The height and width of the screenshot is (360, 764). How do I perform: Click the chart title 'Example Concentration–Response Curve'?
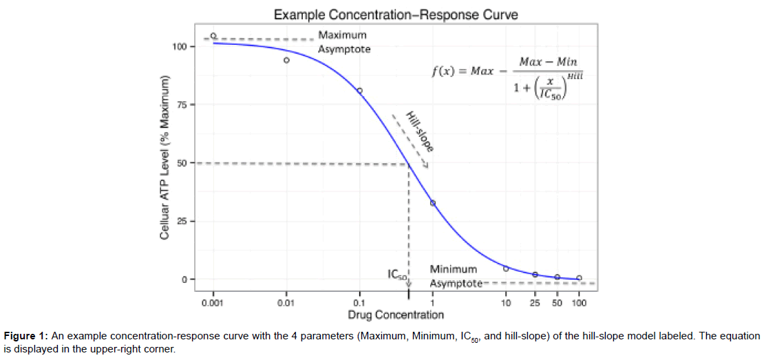tap(396, 14)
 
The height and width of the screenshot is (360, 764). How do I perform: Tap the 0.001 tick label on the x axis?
tap(213, 303)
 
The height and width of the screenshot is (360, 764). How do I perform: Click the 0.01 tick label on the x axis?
tap(286, 303)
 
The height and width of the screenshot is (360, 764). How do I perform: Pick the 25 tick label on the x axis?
tap(535, 303)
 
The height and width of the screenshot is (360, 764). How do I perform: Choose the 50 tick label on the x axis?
tap(557, 303)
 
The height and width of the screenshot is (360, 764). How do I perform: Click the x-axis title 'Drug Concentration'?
tap(396, 315)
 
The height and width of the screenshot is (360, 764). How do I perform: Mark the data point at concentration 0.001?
tap(213, 36)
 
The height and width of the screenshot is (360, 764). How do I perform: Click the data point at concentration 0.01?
tap(286, 60)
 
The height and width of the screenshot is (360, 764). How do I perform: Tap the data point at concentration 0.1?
tap(359, 90)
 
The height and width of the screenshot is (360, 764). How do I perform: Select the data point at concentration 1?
tap(432, 203)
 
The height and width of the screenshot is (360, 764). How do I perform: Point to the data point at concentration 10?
tap(506, 268)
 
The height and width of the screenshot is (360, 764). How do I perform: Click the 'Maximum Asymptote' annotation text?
tap(343, 42)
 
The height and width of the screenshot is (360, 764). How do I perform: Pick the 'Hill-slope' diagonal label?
tap(419, 131)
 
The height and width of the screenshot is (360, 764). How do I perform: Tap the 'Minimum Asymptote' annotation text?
tap(454, 276)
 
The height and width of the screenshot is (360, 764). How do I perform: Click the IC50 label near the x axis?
tap(397, 275)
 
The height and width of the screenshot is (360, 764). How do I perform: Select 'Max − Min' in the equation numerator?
tap(548, 62)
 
